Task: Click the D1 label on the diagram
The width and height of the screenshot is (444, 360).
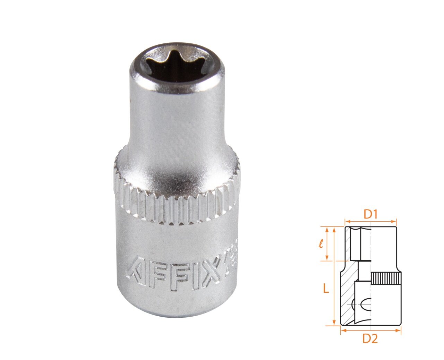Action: tap(370, 215)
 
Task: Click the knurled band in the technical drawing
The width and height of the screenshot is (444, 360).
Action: tap(386, 278)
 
